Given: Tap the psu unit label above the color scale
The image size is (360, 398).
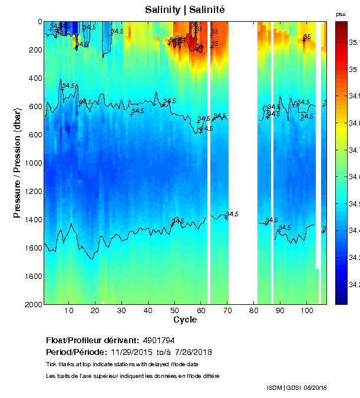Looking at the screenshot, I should coord(341,14).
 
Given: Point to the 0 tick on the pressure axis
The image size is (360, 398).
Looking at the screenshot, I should coord(39,22).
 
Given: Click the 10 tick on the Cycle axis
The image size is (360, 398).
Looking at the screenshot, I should coord(69,311).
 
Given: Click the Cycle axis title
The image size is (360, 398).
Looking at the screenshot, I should coord(185,320).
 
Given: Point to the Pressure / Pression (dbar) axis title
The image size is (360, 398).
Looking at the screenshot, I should coord(18,163).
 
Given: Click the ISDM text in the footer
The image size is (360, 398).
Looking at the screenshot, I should coord(275,387).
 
